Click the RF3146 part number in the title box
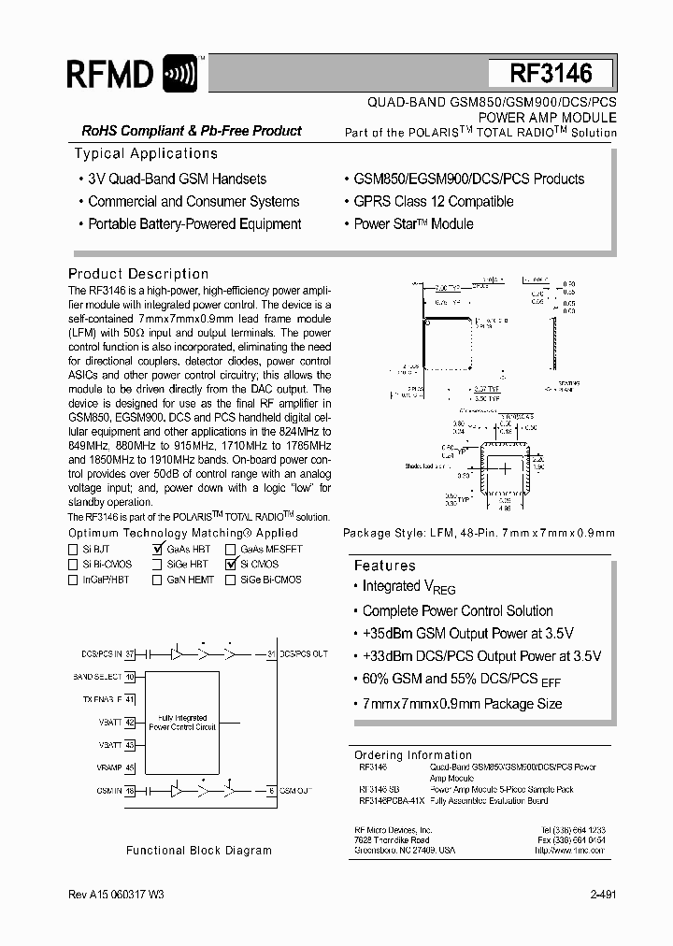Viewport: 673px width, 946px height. (x=551, y=74)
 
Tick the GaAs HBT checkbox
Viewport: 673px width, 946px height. (x=160, y=550)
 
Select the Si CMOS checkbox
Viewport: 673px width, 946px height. (x=231, y=565)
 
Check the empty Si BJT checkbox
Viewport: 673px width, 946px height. (x=73, y=550)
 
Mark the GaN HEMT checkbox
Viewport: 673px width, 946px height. (x=160, y=580)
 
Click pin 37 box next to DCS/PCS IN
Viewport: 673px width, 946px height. (x=131, y=653)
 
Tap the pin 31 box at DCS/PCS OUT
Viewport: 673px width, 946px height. (x=272, y=653)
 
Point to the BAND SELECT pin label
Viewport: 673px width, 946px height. (x=97, y=676)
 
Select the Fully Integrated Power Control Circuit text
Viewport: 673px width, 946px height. (x=182, y=723)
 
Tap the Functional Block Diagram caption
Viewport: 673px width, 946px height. (x=199, y=851)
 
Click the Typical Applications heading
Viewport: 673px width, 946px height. (x=146, y=153)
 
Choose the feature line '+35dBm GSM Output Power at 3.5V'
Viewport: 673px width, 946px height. (x=467, y=633)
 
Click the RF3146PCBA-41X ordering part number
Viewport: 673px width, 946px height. (x=392, y=801)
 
